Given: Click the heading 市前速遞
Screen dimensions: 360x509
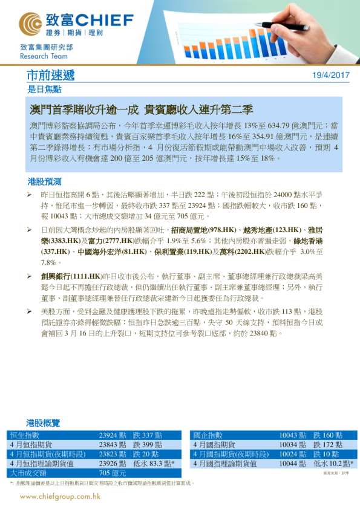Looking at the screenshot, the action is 51,76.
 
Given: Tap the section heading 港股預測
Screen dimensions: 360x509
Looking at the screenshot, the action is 44,181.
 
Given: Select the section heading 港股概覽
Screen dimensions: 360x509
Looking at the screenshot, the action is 44,422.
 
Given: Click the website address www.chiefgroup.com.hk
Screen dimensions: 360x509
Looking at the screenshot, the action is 61,496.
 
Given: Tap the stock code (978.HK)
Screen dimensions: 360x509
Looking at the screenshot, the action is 222,230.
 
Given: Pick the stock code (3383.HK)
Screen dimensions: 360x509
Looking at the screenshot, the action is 57,241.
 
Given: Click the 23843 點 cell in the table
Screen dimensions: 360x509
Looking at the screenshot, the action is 112,444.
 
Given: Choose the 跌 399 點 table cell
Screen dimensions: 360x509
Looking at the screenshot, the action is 146,444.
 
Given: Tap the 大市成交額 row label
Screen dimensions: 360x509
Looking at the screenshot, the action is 28,473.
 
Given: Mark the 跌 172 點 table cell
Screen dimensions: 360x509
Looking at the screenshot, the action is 328,444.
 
